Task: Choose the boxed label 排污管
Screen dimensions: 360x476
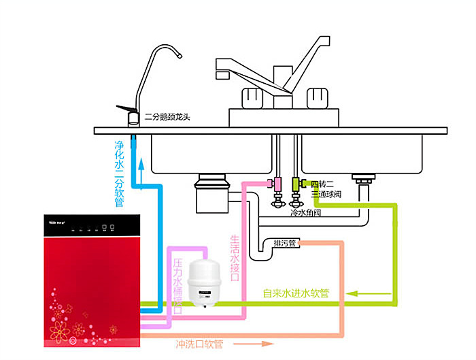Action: [x=284, y=243]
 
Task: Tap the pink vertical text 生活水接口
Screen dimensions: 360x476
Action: [x=235, y=259]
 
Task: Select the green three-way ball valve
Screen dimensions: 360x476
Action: [x=295, y=184]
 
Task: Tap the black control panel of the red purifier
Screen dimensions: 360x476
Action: [x=95, y=225]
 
